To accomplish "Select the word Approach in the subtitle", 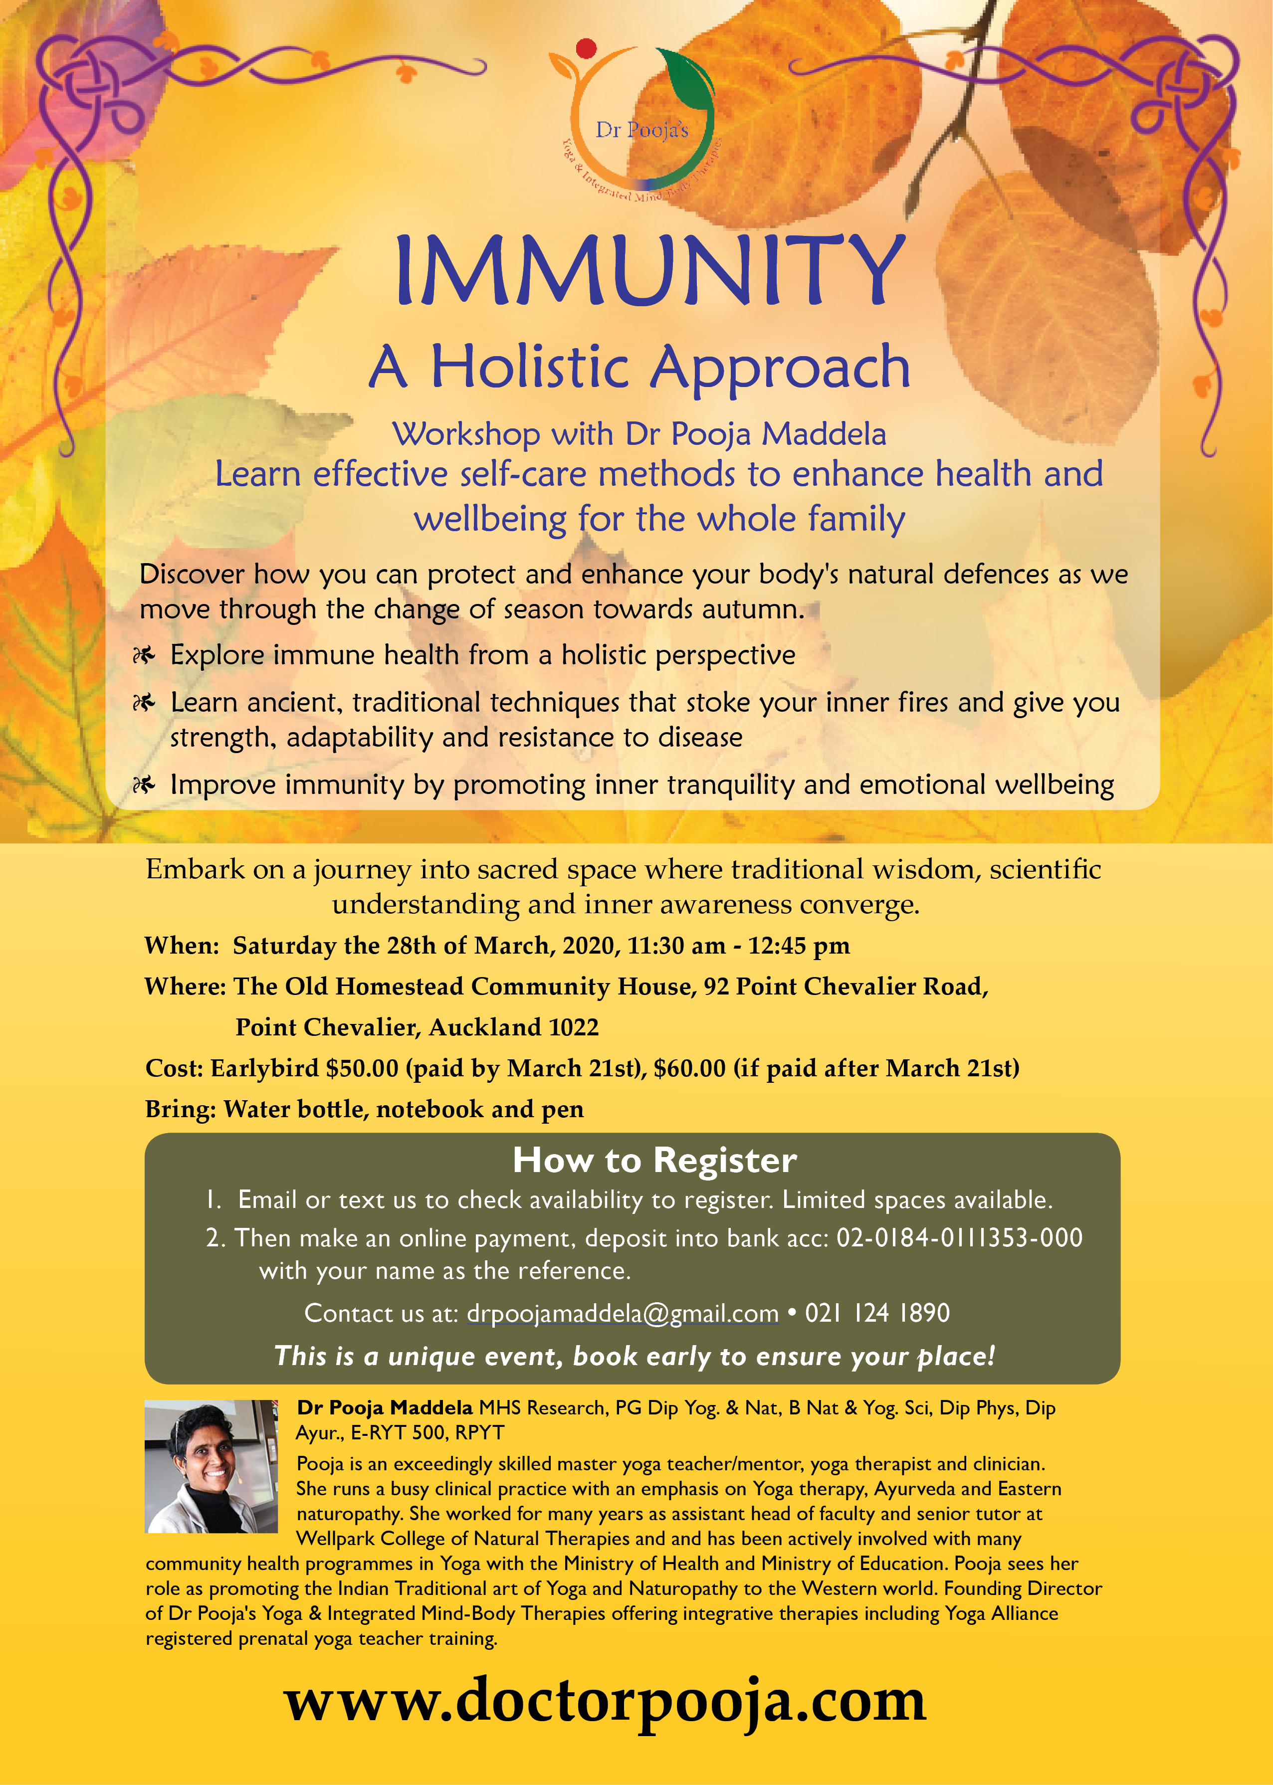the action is point(780,368).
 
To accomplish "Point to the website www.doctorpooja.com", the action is point(605,1700).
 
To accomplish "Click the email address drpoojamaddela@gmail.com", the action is point(623,1313).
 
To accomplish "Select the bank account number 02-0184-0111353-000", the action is point(959,1237).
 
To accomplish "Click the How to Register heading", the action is point(654,1161).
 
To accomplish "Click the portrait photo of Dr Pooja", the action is point(212,1466).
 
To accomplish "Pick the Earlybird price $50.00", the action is point(362,1068).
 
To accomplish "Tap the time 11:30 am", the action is point(676,946).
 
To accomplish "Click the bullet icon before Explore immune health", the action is point(144,655).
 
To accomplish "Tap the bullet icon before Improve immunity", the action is point(144,785).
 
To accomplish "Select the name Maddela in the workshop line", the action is point(824,433).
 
